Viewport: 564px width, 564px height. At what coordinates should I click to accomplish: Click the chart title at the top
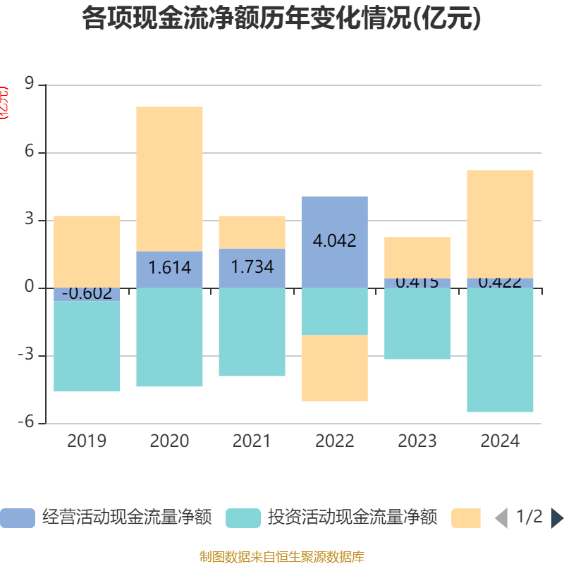pyautogui.click(x=281, y=19)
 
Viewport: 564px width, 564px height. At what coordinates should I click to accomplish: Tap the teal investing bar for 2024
pyautogui.click(x=500, y=350)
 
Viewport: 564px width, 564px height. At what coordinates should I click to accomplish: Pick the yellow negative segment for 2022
pyautogui.click(x=334, y=368)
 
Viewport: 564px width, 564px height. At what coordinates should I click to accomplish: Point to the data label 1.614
pyautogui.click(x=169, y=268)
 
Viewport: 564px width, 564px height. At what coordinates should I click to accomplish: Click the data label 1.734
pyautogui.click(x=252, y=268)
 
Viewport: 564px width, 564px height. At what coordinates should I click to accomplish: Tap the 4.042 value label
pyautogui.click(x=334, y=240)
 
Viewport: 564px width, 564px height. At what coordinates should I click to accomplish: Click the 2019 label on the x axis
pyautogui.click(x=87, y=441)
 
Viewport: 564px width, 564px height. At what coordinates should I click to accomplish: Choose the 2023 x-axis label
pyautogui.click(x=417, y=441)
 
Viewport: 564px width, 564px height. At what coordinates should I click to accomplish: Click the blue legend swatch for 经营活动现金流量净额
pyautogui.click(x=18, y=518)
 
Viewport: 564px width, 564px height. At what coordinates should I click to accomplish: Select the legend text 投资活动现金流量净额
pyautogui.click(x=352, y=518)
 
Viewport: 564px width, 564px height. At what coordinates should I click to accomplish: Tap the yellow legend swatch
pyautogui.click(x=466, y=518)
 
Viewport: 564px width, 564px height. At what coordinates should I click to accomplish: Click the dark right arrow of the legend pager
pyautogui.click(x=557, y=518)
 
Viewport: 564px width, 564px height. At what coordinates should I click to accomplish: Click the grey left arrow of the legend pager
pyautogui.click(x=501, y=518)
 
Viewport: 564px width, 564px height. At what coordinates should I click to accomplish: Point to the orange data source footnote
pyautogui.click(x=281, y=556)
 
